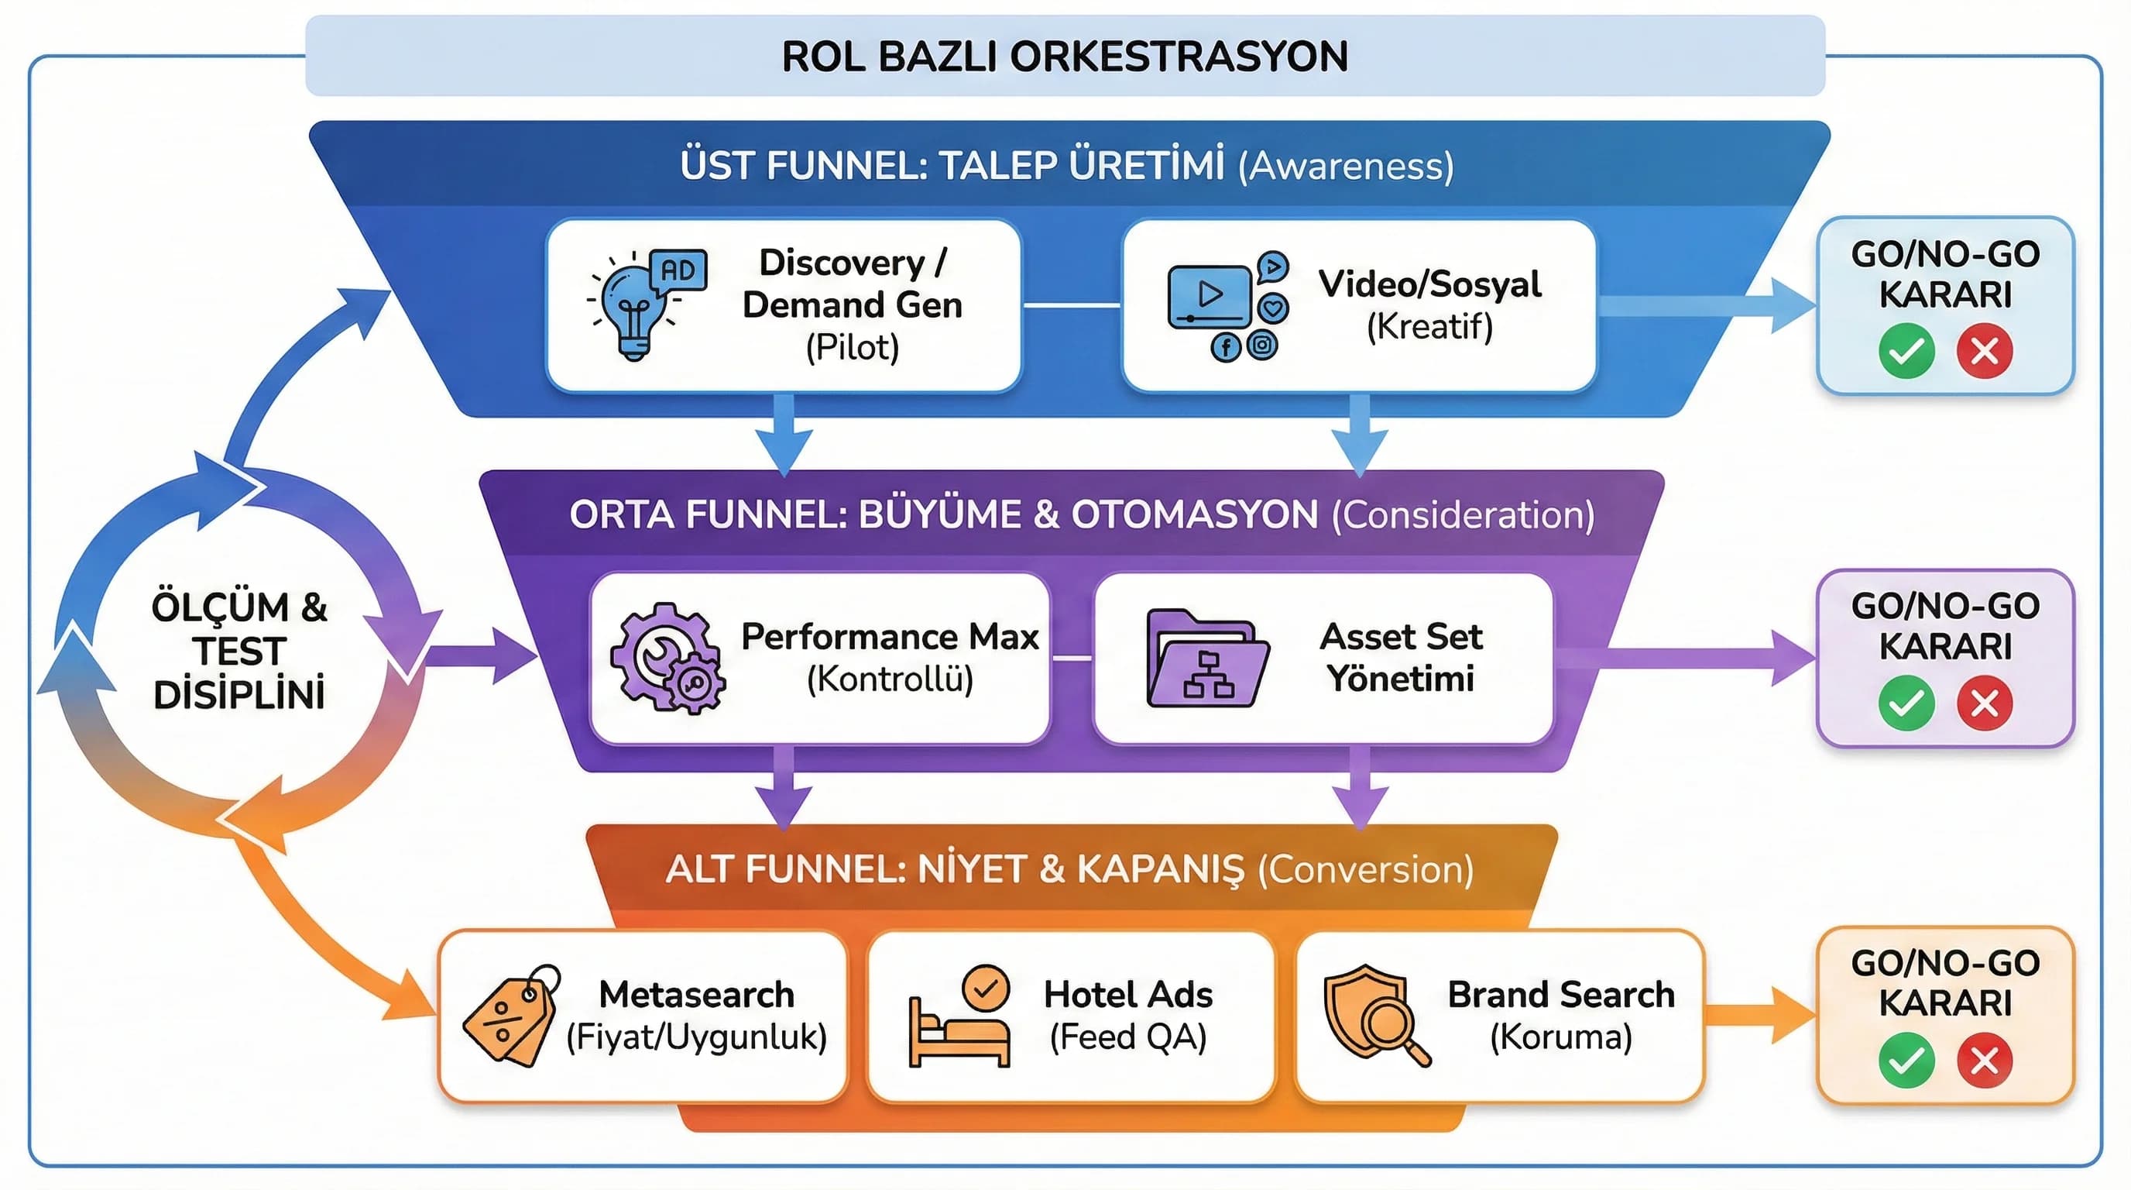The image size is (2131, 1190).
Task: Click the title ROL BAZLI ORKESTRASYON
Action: (x=1065, y=57)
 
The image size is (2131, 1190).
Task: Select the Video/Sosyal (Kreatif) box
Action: (x=1358, y=304)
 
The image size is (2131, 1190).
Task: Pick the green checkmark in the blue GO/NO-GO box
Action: (x=1906, y=352)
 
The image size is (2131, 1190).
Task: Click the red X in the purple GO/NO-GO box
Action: (x=1984, y=703)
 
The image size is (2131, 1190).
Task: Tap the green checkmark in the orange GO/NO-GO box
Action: (x=1906, y=1060)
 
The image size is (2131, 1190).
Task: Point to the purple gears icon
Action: (x=667, y=658)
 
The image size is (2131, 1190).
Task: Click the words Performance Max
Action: (x=889, y=636)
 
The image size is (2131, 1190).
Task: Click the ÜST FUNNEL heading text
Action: (x=952, y=165)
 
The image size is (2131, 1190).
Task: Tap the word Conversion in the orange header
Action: (x=1365, y=869)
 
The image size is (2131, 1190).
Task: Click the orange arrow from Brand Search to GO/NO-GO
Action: (x=1758, y=1016)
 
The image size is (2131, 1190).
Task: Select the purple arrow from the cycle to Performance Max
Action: (x=480, y=655)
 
